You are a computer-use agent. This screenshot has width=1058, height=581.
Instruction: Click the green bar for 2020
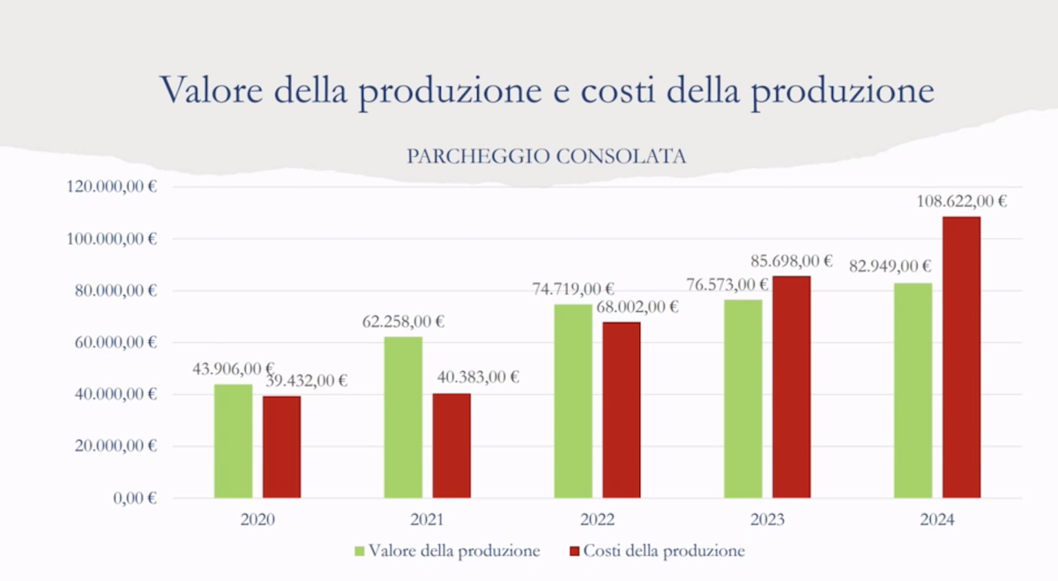tap(233, 441)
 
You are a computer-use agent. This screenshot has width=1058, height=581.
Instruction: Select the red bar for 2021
tap(451, 445)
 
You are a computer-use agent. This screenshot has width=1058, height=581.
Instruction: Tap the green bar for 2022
tap(573, 401)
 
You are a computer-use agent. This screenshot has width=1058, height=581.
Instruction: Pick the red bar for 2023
tap(792, 388)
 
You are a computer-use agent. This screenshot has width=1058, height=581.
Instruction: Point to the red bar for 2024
tap(961, 357)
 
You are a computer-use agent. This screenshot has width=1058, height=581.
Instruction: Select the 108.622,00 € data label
tap(961, 201)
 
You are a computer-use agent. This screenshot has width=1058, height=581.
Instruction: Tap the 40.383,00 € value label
tap(476, 377)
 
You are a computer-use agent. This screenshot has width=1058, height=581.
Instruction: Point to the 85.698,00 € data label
tap(791, 261)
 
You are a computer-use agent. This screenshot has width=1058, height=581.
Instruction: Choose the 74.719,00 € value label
tap(573, 289)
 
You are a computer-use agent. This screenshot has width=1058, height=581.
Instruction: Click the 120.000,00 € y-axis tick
tap(111, 186)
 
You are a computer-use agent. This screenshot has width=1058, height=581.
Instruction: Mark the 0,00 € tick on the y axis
tap(135, 498)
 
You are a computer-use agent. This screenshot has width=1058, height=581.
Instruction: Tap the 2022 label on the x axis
tap(598, 519)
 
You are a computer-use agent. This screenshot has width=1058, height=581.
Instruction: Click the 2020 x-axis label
tap(257, 519)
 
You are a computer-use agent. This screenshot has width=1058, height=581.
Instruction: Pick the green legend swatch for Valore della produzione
tap(359, 551)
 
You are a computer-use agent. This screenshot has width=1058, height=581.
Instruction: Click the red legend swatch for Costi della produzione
tap(575, 551)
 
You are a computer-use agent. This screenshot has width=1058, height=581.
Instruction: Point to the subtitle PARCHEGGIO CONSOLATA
tap(547, 156)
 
